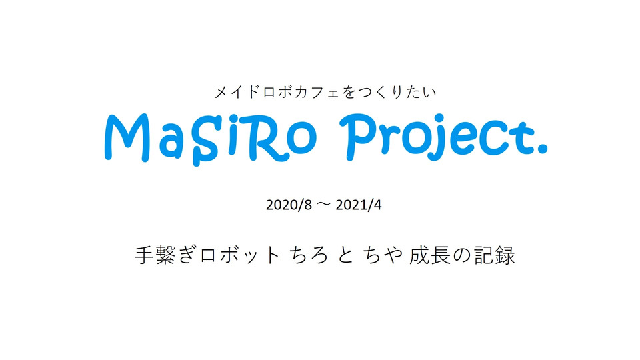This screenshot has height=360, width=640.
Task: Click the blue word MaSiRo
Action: click(x=211, y=139)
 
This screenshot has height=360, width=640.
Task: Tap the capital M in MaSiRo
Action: click(x=129, y=138)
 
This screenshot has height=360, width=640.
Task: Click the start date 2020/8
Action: click(x=289, y=205)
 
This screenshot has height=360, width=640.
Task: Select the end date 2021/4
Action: click(x=359, y=205)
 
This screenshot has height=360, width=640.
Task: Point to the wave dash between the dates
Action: click(x=324, y=205)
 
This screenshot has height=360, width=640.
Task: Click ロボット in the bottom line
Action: click(x=240, y=255)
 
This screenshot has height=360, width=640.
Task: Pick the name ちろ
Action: click(x=309, y=255)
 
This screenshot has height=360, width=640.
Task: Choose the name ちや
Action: click(x=384, y=255)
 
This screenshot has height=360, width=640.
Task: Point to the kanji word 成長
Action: click(x=429, y=255)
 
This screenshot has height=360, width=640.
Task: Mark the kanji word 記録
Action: click(x=494, y=255)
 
